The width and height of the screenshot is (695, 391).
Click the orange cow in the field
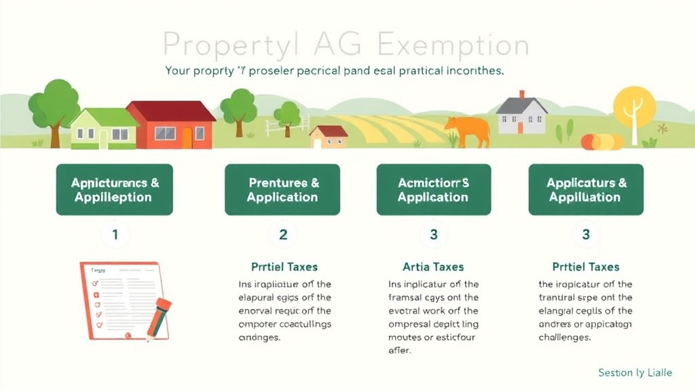(468, 130)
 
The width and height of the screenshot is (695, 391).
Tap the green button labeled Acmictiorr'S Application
(433, 190)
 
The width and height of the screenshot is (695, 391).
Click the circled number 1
(115, 235)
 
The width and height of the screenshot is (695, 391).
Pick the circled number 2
(283, 235)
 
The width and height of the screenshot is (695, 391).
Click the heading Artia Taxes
(433, 267)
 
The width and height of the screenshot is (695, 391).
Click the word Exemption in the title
(452, 45)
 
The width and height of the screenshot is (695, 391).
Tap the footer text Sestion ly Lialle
(635, 373)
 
